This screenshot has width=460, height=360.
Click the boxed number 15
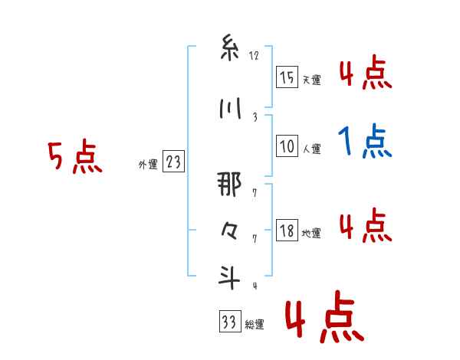[x=287, y=77]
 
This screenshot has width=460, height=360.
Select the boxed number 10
[x=287, y=146]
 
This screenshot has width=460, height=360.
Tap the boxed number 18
[x=287, y=231]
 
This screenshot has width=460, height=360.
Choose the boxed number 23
[x=173, y=162]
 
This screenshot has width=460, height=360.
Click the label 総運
[x=254, y=325]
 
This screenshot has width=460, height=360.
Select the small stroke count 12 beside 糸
[x=255, y=56]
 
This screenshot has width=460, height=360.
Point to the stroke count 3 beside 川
[x=255, y=117]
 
